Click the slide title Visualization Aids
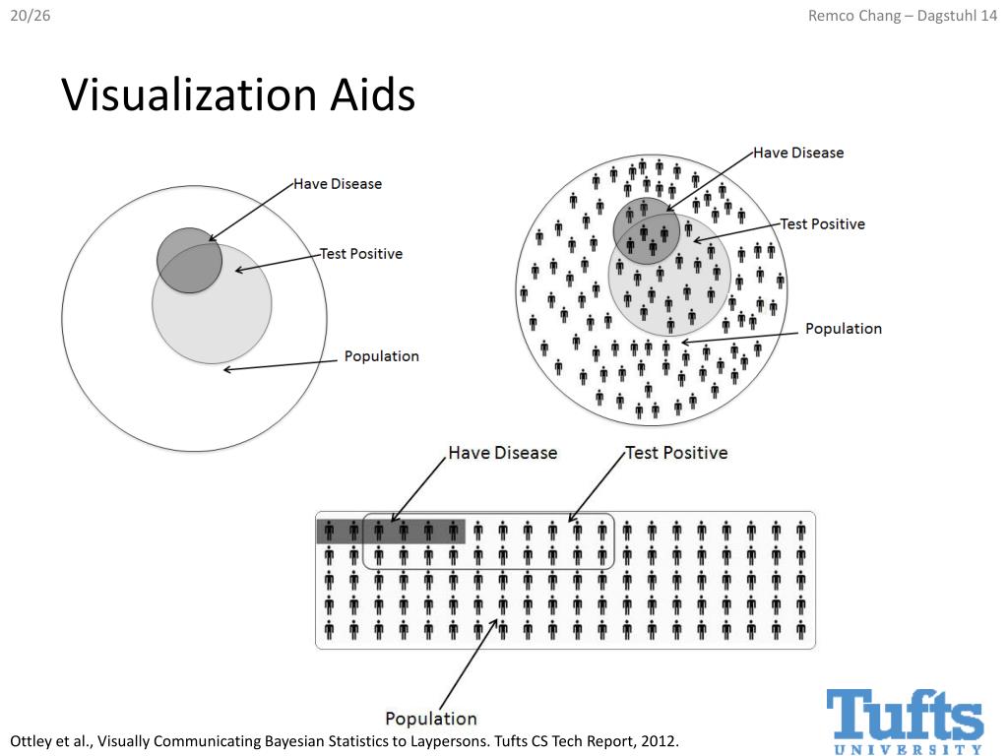[x=238, y=95]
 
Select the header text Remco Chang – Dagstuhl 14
[x=901, y=13]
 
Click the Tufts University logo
[x=905, y=720]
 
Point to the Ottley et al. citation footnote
[x=345, y=740]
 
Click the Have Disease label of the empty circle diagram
[x=338, y=184]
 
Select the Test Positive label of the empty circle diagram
[x=361, y=254]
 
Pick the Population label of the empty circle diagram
[x=381, y=356]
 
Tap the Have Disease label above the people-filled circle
[x=798, y=153]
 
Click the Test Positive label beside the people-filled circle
[x=823, y=224]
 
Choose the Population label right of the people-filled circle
[x=844, y=329]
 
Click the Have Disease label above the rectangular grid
[x=502, y=453]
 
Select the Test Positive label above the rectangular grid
[x=677, y=453]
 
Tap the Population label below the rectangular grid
[x=430, y=719]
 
